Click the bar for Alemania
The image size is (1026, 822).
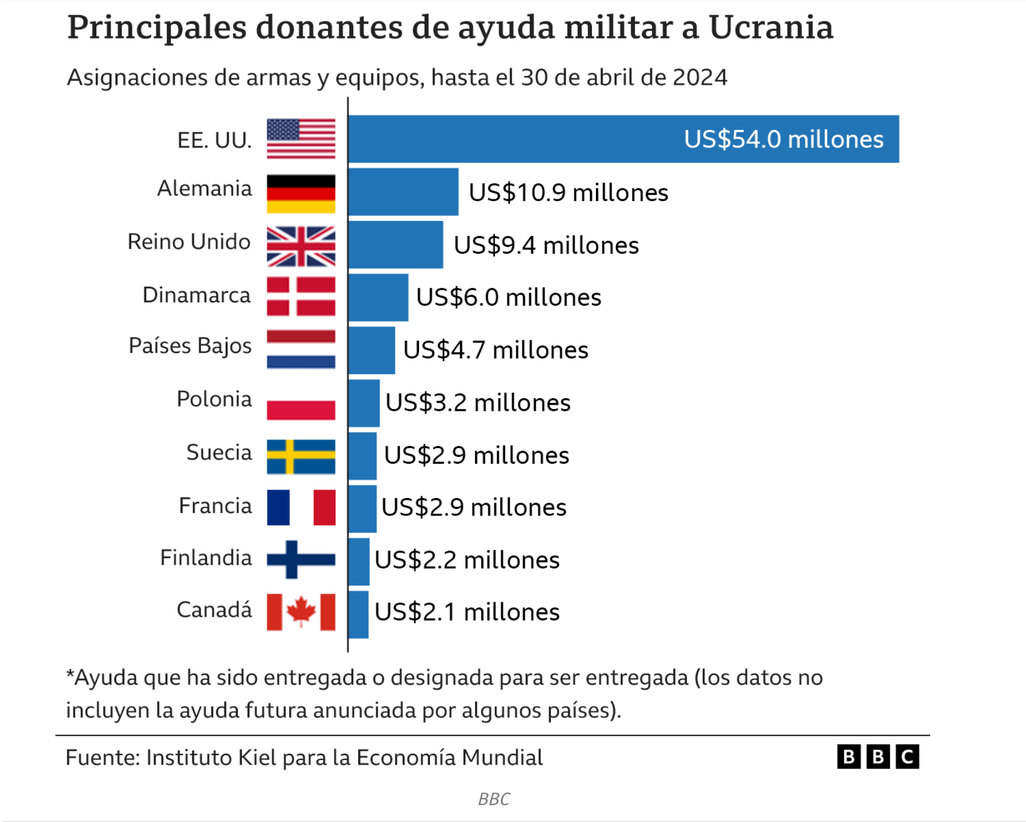coord(403,192)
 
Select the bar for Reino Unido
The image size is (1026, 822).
coord(396,244)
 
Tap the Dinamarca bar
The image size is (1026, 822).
coord(378,297)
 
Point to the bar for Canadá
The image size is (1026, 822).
coord(358,614)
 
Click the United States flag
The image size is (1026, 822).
coord(301,139)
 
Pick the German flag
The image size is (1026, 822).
coord(301,194)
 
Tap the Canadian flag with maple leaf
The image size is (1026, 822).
coord(301,612)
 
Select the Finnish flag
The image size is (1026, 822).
coord(301,559)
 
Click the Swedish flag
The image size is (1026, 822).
coord(301,456)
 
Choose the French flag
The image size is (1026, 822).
coord(301,508)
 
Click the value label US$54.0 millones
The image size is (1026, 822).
coord(783,139)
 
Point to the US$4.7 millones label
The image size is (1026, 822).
coord(496,350)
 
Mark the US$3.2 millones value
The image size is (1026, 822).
coord(478,403)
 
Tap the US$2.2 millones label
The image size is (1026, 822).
coord(467,560)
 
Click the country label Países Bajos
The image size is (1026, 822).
coord(190,346)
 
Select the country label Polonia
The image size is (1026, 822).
coord(214,399)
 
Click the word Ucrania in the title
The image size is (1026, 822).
coord(771,27)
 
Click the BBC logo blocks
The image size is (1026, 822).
coord(878,756)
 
